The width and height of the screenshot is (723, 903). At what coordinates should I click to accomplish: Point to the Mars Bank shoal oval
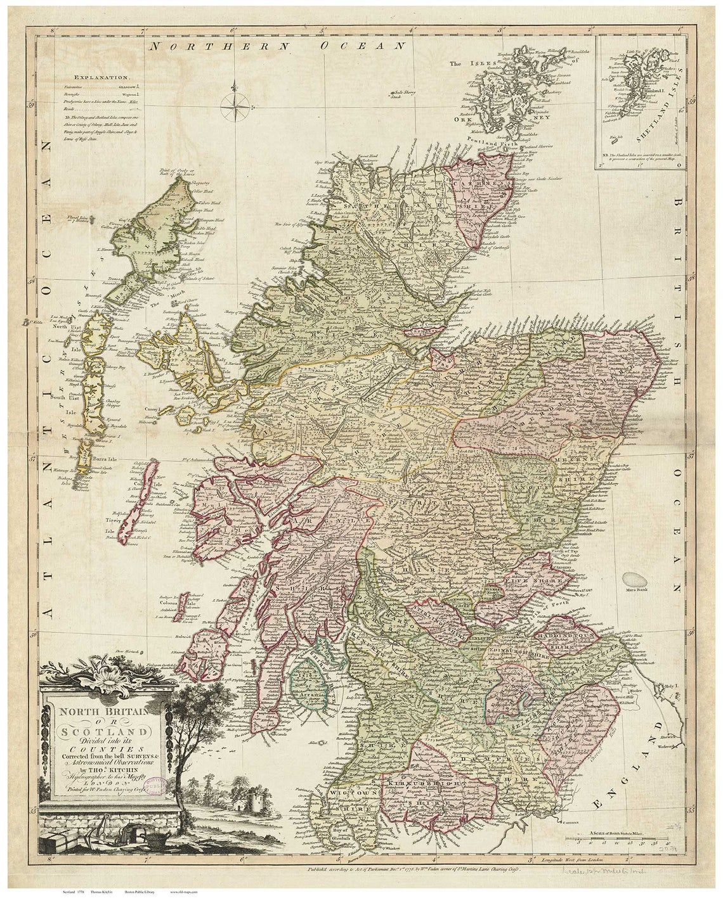coord(635,579)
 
